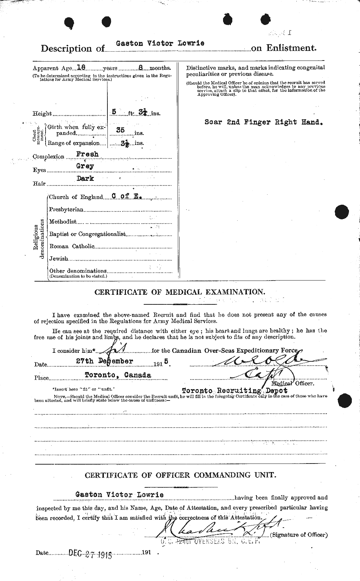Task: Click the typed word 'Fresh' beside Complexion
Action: [87, 155]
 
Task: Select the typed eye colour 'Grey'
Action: [85, 166]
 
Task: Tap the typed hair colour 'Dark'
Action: [85, 179]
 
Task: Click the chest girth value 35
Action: [120, 130]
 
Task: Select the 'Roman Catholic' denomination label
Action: [72, 246]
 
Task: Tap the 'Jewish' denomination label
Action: [58, 258]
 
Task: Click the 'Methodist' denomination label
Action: [63, 222]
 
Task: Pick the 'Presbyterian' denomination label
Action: [66, 210]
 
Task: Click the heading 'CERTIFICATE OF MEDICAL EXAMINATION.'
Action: [180, 292]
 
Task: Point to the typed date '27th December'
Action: [109, 361]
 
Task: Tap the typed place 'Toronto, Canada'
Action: [118, 375]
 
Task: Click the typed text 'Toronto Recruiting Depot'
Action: [234, 391]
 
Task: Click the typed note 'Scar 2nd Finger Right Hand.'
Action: [264, 122]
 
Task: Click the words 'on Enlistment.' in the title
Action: [284, 48]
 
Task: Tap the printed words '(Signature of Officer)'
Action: [299, 535]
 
